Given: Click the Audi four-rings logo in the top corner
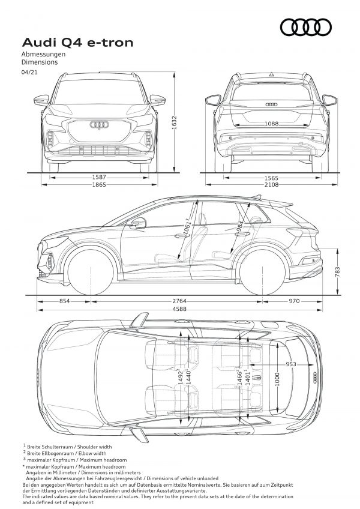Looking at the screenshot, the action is [306, 27].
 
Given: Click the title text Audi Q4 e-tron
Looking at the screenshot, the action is [77, 43].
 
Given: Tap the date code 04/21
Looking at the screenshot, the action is [29, 73].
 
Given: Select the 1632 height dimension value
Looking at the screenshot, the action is [174, 122].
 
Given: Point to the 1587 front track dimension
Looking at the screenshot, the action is [99, 177].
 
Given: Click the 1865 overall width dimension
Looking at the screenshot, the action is [99, 184].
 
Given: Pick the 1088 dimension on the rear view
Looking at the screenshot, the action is [271, 124].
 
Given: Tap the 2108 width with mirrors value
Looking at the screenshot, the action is [271, 184].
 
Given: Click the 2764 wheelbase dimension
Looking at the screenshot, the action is [179, 301].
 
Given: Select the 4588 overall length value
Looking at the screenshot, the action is [179, 309].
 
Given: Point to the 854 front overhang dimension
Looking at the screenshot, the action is [64, 301].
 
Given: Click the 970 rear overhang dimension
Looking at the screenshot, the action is [294, 301].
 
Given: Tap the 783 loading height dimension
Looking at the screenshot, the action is [338, 272].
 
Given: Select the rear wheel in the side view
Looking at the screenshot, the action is [262, 272].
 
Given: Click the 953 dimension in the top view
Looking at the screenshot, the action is [291, 364].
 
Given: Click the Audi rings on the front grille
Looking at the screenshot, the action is [100, 125].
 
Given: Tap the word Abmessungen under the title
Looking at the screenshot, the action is [43, 54].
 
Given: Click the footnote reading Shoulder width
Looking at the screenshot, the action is [94, 447].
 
